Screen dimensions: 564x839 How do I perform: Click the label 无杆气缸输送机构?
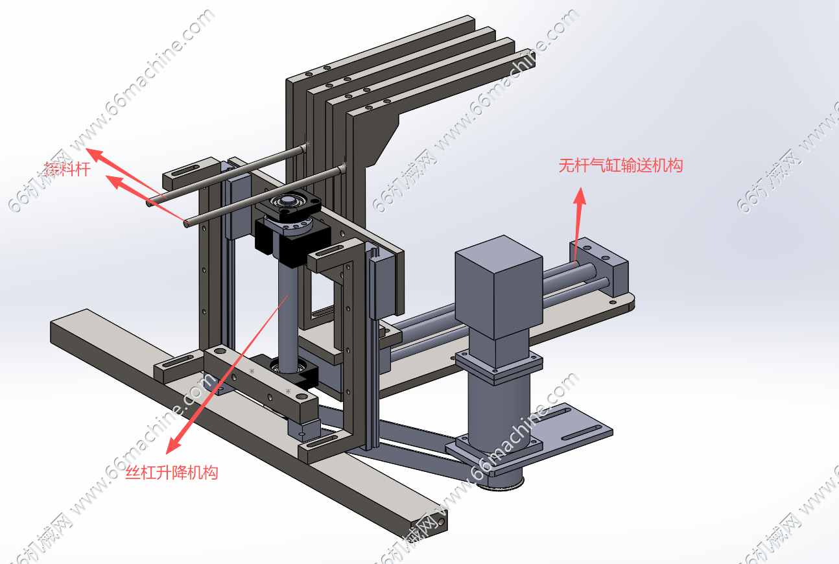620,166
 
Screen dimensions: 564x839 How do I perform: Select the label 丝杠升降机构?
171,473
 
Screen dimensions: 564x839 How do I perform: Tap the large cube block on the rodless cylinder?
499,286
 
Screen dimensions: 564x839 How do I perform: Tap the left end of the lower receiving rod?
187,224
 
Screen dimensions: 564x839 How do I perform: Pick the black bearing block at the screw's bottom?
293,370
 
